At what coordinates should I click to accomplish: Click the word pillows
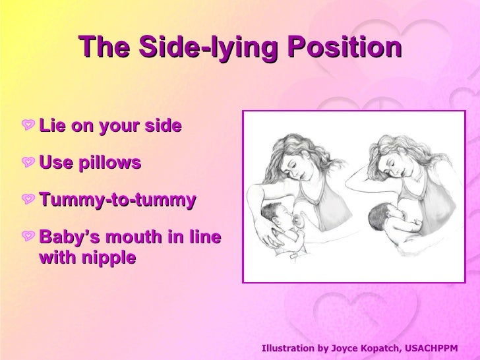[x=109, y=163]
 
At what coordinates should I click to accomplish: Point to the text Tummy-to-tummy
[x=117, y=200]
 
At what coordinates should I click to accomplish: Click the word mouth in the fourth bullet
[x=135, y=237]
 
